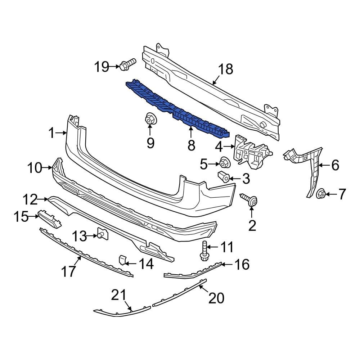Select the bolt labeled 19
pos(127,65)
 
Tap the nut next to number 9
pos(150,119)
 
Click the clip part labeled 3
pos(223,177)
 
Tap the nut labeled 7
pos(321,194)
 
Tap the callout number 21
pos(119,296)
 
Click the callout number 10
pos(35,168)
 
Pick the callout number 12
pos(30,198)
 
